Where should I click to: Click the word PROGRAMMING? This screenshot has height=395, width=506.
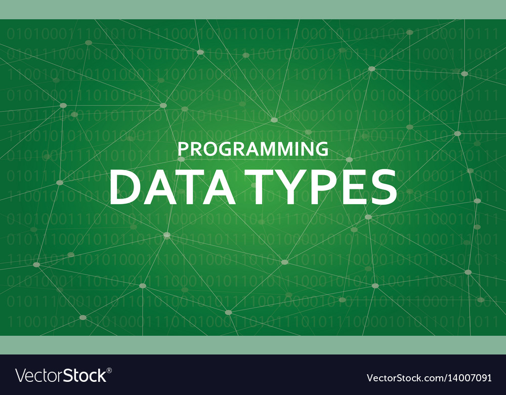point(253,149)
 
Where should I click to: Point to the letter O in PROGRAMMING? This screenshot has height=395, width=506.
point(208,149)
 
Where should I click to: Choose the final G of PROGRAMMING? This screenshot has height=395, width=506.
point(322,149)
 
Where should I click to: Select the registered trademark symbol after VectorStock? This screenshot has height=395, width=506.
point(109,371)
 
